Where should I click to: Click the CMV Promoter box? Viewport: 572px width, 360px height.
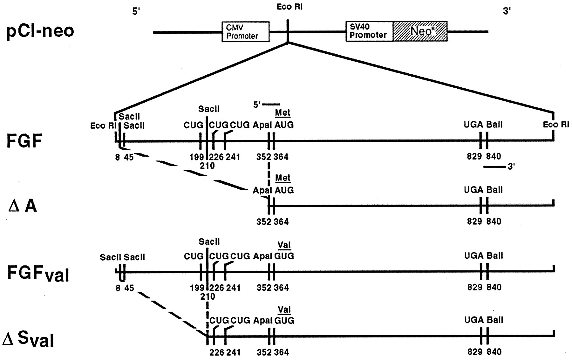(x=245, y=31)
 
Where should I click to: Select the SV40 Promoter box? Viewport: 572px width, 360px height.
(x=369, y=31)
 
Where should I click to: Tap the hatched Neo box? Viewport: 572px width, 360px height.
(x=420, y=31)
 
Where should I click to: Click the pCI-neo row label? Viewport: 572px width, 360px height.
(x=40, y=31)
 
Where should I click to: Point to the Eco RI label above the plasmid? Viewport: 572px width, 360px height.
(x=289, y=7)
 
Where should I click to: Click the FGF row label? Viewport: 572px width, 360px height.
(x=24, y=141)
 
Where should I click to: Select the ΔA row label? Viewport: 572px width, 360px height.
(x=22, y=206)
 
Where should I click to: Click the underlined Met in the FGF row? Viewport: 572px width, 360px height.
(x=283, y=113)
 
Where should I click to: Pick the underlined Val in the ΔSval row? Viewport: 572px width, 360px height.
(x=284, y=309)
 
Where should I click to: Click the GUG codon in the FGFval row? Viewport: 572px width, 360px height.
(x=284, y=256)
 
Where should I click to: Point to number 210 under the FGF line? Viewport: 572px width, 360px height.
(x=207, y=166)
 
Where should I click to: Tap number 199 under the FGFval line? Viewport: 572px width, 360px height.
(x=197, y=288)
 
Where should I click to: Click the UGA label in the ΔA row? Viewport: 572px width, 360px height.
(x=473, y=190)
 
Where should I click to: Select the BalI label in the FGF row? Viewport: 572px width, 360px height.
(x=494, y=125)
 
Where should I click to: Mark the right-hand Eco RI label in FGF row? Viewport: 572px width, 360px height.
(x=556, y=125)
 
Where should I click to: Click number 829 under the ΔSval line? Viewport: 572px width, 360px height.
(x=475, y=352)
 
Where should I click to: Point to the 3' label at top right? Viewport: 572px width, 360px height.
(x=507, y=11)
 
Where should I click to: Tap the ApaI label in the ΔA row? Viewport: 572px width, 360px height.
(x=262, y=190)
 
